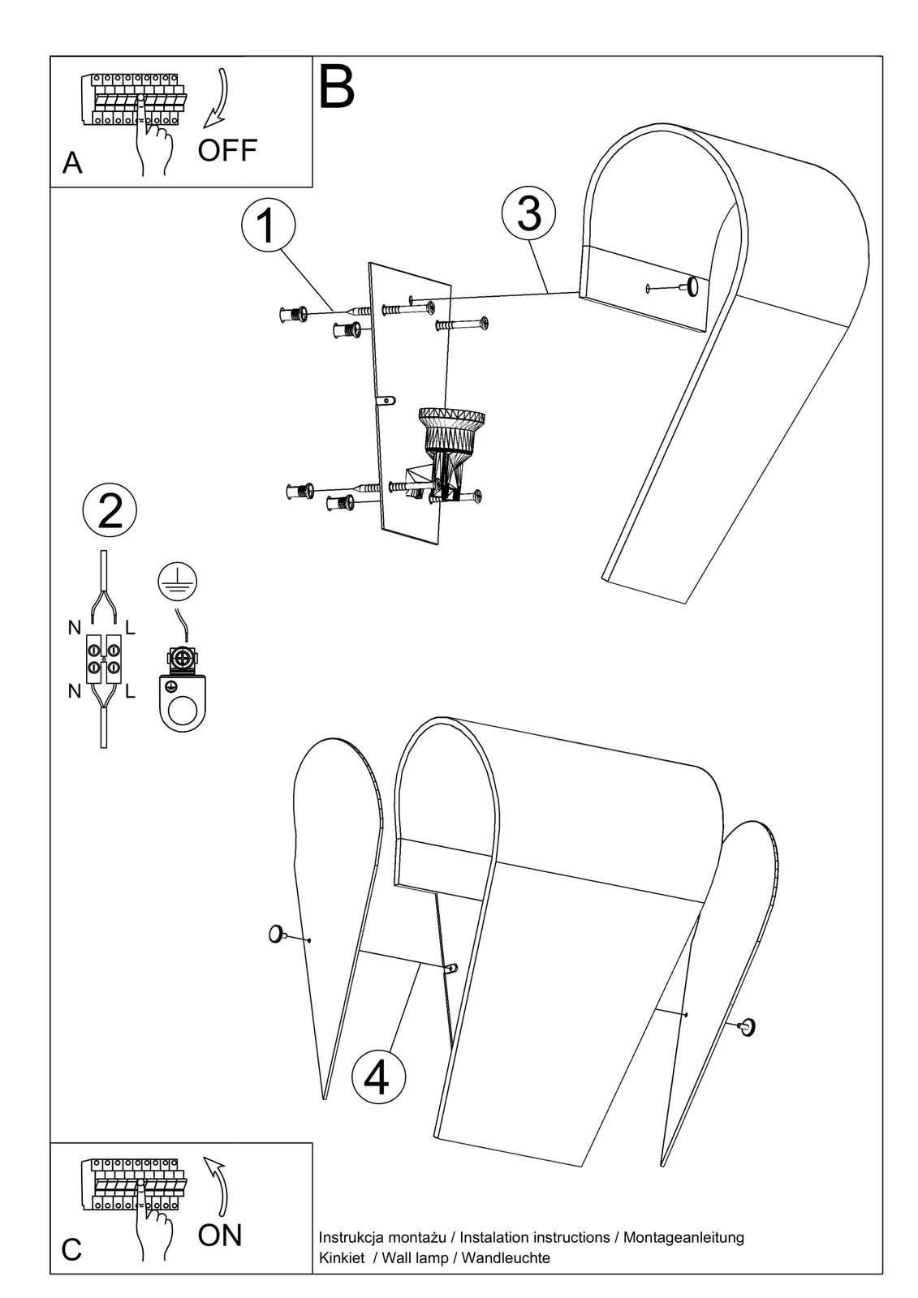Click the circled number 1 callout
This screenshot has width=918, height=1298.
click(x=268, y=225)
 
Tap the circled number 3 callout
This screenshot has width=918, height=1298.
click(x=528, y=213)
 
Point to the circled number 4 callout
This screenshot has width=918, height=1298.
click(x=378, y=1076)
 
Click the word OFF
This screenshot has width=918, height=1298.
click(x=227, y=150)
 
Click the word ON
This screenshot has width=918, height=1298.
click(x=220, y=1235)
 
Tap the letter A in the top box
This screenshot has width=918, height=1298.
click(x=72, y=163)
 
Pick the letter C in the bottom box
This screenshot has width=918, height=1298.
click(x=72, y=1249)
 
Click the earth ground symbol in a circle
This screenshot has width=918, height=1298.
click(x=178, y=582)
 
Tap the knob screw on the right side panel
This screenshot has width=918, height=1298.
click(x=748, y=1026)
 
